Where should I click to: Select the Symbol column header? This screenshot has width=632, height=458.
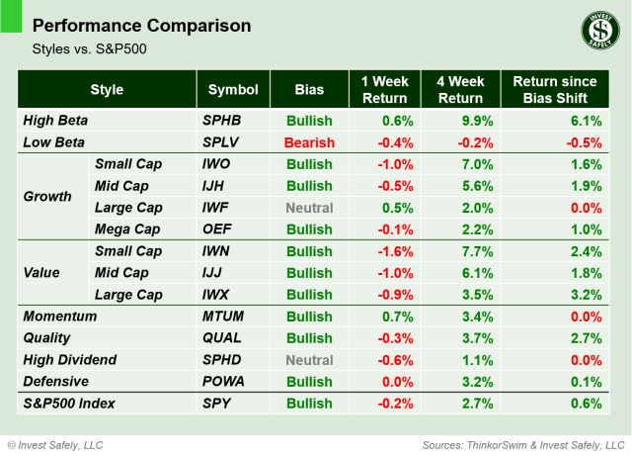[x=233, y=90]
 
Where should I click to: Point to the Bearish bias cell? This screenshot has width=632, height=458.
[x=309, y=142]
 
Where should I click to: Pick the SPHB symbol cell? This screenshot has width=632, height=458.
[x=221, y=121]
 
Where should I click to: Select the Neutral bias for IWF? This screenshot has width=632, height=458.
[x=309, y=207]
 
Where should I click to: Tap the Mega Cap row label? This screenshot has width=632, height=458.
[x=125, y=229]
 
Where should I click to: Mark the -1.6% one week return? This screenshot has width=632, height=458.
[x=392, y=251]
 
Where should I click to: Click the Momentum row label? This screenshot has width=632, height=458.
[x=60, y=317]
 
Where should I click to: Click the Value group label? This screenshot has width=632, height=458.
[x=42, y=273]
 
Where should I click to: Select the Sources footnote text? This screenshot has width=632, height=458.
[x=522, y=444]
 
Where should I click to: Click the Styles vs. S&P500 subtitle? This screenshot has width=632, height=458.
[x=82, y=47]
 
